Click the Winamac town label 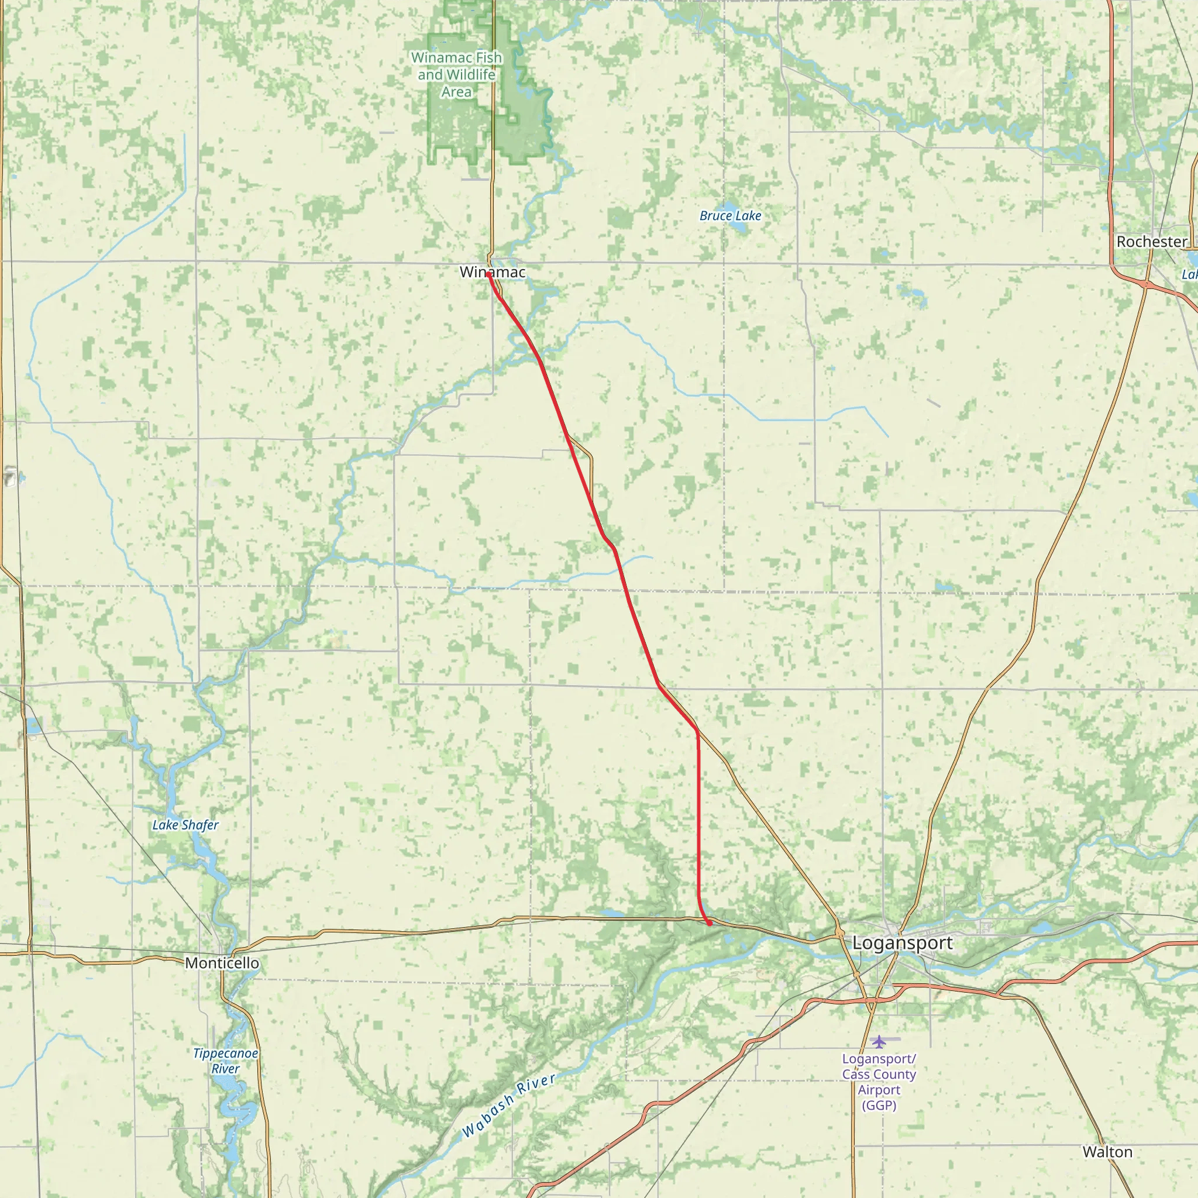[493, 271]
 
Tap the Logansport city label [902, 943]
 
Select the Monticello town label [222, 963]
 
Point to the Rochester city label [1151, 242]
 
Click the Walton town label [1107, 1152]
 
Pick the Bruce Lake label [730, 216]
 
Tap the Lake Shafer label [185, 825]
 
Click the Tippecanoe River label [225, 1061]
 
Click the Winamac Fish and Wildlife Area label [456, 74]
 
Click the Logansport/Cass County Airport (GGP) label [879, 1082]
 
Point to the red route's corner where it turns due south [698, 732]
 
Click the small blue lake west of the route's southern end [611, 913]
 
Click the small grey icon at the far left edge [10, 477]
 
